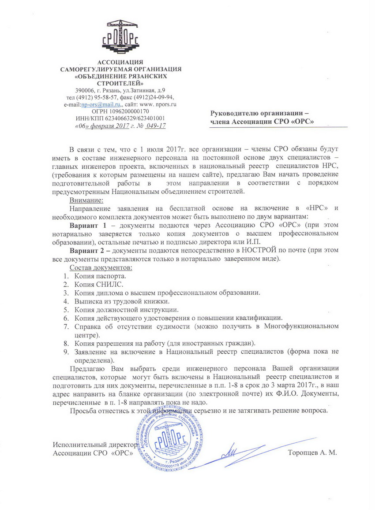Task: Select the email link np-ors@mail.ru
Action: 101,104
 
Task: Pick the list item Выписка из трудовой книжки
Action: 122,301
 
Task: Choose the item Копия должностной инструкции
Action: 126,310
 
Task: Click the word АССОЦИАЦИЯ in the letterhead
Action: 120,62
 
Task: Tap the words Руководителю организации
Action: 254,113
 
